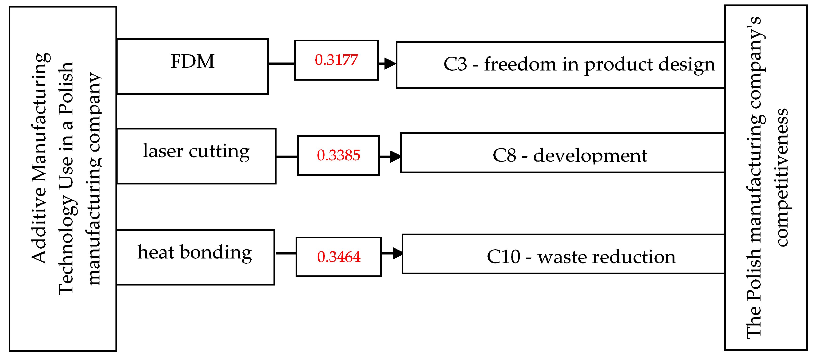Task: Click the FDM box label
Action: (x=192, y=61)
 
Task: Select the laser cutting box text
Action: (x=196, y=151)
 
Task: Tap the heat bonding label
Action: (x=194, y=253)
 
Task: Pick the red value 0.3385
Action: (x=338, y=155)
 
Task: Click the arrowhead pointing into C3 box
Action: (x=390, y=63)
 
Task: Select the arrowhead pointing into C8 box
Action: (x=395, y=157)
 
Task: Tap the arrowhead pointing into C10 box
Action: (x=397, y=253)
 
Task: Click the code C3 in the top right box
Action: (x=455, y=64)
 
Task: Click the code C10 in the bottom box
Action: (x=503, y=257)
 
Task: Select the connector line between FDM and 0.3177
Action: (x=281, y=63)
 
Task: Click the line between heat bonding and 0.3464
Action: (x=285, y=253)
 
